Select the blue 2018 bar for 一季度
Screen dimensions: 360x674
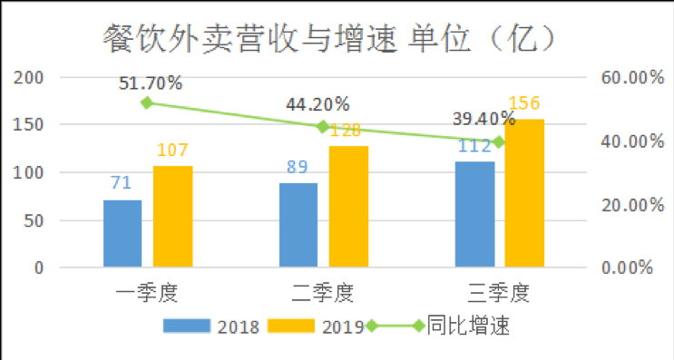[x=122, y=233]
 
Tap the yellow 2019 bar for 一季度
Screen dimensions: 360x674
[x=172, y=217]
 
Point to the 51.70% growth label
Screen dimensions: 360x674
[x=151, y=83]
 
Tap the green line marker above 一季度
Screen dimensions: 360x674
[x=147, y=102]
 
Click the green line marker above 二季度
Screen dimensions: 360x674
[x=323, y=127]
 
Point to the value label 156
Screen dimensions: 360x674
[x=524, y=104]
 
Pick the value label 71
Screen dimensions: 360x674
[x=122, y=183]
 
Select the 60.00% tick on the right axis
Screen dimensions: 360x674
[x=627, y=78]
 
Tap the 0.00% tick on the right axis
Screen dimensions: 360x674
[x=627, y=268]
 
